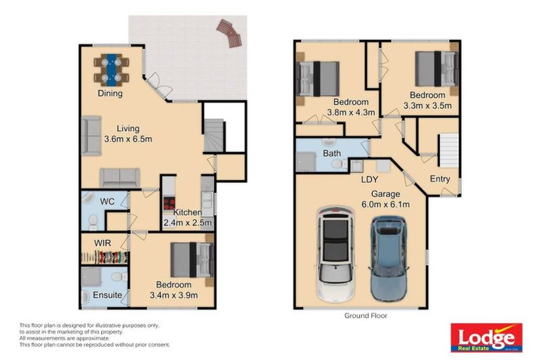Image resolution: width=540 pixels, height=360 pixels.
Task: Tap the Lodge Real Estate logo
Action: (x=486, y=337)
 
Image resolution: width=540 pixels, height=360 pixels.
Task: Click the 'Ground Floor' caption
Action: (x=366, y=316)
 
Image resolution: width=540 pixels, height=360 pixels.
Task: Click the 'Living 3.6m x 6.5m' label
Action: (x=128, y=134)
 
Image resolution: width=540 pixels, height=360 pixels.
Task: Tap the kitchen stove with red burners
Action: (x=169, y=203)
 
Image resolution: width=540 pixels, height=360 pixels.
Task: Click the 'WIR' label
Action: (x=94, y=243)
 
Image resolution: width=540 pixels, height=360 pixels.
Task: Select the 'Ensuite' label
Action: (x=108, y=295)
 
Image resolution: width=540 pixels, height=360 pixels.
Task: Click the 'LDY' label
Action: (x=370, y=179)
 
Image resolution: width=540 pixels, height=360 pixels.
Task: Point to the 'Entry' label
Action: (x=440, y=179)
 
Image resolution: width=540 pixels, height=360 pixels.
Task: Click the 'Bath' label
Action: (x=332, y=153)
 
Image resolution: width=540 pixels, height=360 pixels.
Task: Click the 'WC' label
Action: (x=107, y=202)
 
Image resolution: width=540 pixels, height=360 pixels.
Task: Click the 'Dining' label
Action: (x=110, y=94)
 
